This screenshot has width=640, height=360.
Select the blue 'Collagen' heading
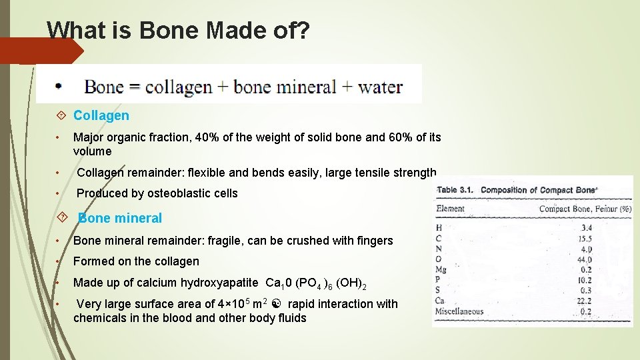coord(101,115)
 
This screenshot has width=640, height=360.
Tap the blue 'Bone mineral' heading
coord(120,218)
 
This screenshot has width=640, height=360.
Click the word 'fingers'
coord(373,241)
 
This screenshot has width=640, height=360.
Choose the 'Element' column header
coord(450,209)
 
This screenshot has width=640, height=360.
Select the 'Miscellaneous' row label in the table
coord(460,311)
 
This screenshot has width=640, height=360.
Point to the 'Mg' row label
coord(442,270)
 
